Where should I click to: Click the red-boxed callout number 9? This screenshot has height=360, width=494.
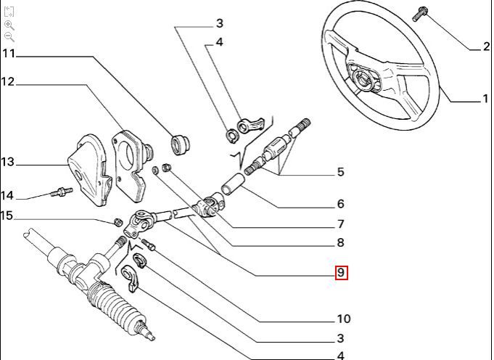[x=341, y=273]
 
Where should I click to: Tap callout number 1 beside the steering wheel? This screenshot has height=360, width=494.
[x=485, y=99]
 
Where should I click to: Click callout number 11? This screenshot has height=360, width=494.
[x=9, y=54]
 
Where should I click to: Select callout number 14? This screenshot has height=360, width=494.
[x=7, y=195]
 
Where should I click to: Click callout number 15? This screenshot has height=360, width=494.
[x=7, y=216]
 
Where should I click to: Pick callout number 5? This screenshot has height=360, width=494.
[x=340, y=173]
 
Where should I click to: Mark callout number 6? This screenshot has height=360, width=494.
[x=340, y=205]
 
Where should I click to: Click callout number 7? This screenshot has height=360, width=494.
[x=340, y=224]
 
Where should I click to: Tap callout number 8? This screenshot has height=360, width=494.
[x=340, y=243]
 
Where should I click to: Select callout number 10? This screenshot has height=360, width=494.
[x=343, y=319]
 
